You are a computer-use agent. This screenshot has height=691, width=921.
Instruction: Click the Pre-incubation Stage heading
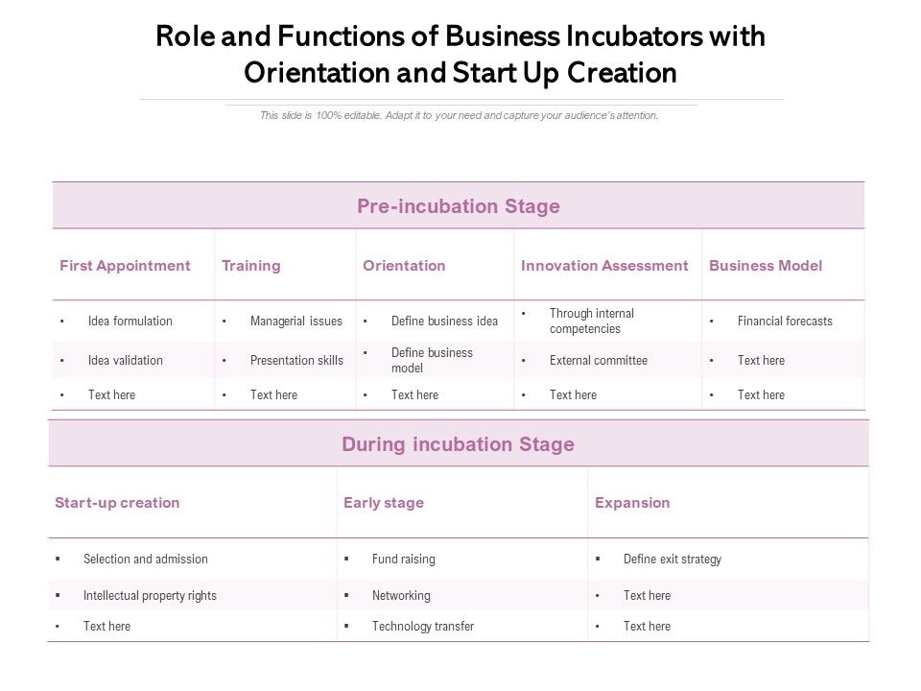pos(459,206)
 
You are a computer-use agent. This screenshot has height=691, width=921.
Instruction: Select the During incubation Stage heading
pos(458,444)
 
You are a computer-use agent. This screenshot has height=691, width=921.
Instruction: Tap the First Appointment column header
pos(125,266)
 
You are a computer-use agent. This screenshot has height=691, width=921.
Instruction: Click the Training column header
pos(251,266)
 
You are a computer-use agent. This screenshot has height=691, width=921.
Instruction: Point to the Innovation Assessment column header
pos(604,266)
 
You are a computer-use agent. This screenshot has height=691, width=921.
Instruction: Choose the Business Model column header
pos(766,266)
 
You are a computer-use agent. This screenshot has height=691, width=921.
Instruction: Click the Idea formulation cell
pos(130,322)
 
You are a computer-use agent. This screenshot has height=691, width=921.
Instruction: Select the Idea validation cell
pos(126,361)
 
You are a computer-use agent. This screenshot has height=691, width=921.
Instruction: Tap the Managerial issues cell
pos(295,322)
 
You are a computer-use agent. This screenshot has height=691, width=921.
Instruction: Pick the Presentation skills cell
pos(296,361)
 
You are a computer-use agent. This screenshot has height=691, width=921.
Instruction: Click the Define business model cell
pos(432,361)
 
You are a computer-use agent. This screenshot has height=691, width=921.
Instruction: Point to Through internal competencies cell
pos(592,322)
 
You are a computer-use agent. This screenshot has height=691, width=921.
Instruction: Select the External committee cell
pos(599,361)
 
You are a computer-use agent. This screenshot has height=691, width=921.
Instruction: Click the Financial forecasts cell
pos(785,322)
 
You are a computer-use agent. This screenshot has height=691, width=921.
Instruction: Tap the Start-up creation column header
pos(117,503)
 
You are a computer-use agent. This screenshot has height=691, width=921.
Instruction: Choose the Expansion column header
pos(632,503)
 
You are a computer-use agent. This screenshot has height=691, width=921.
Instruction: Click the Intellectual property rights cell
pos(150,596)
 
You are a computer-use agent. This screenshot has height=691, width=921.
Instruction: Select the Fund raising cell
pos(404,560)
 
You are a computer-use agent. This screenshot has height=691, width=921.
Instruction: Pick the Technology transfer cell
pos(423,627)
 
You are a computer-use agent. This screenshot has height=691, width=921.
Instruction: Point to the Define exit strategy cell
pos(673,560)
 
